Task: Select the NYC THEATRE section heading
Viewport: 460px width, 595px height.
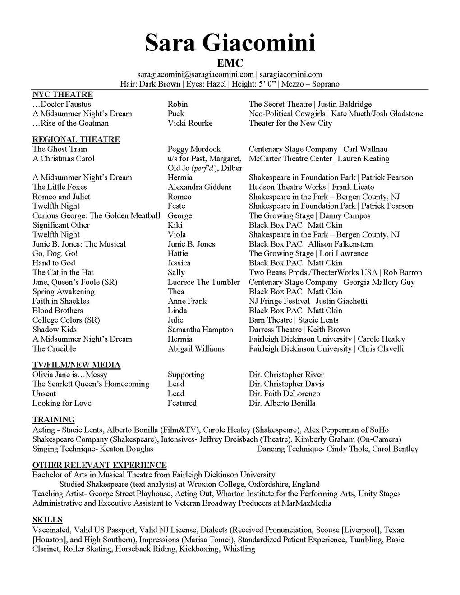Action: click(x=63, y=94)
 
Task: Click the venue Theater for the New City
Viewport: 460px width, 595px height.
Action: click(x=290, y=123)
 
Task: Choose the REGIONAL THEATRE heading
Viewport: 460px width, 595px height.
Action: click(x=76, y=139)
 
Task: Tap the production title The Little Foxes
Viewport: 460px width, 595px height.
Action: click(x=60, y=187)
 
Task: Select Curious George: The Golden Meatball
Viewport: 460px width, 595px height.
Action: click(x=96, y=215)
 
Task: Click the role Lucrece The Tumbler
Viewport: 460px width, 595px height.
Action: click(x=204, y=282)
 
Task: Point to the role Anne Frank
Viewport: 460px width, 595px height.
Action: click(x=187, y=301)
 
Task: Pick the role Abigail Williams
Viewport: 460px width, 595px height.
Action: click(x=196, y=348)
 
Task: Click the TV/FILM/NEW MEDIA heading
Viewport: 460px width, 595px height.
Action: click(x=76, y=365)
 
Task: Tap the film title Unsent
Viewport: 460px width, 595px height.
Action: click(x=44, y=394)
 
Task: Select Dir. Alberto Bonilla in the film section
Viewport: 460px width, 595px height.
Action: click(x=282, y=403)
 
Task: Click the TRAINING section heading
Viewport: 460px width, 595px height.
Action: click(x=53, y=420)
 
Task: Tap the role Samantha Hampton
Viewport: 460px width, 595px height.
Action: click(x=200, y=330)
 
